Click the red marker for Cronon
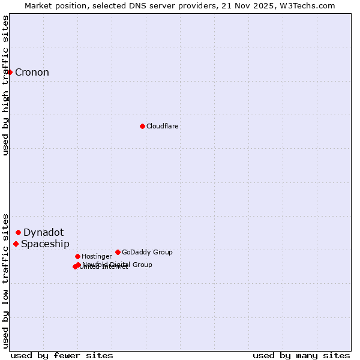point(10,72)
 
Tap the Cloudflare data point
point(142,126)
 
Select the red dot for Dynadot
point(18,232)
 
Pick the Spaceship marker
point(16,244)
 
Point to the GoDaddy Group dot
point(118,252)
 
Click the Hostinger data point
point(77,256)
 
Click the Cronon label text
point(32,73)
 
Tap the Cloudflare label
point(163,127)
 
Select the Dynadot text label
point(43,233)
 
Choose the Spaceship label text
point(45,244)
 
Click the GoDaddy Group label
point(147,253)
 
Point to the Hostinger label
point(97,257)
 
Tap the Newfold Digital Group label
point(118,265)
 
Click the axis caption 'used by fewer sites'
point(62,355)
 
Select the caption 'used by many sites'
point(301,355)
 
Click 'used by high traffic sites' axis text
point(5,85)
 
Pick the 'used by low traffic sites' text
point(5,280)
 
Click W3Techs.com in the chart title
point(311,5)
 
